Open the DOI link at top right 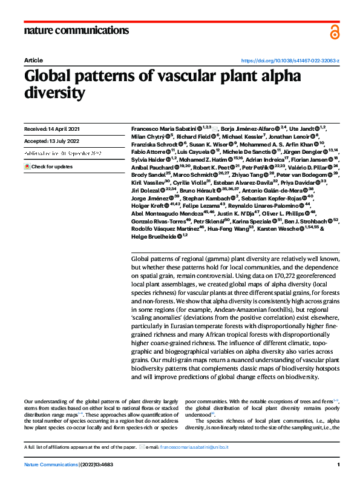pyautogui.click(x=290, y=61)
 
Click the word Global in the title pyautogui.click(x=50, y=78)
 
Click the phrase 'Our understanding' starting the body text pyautogui.click(x=42, y=401)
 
